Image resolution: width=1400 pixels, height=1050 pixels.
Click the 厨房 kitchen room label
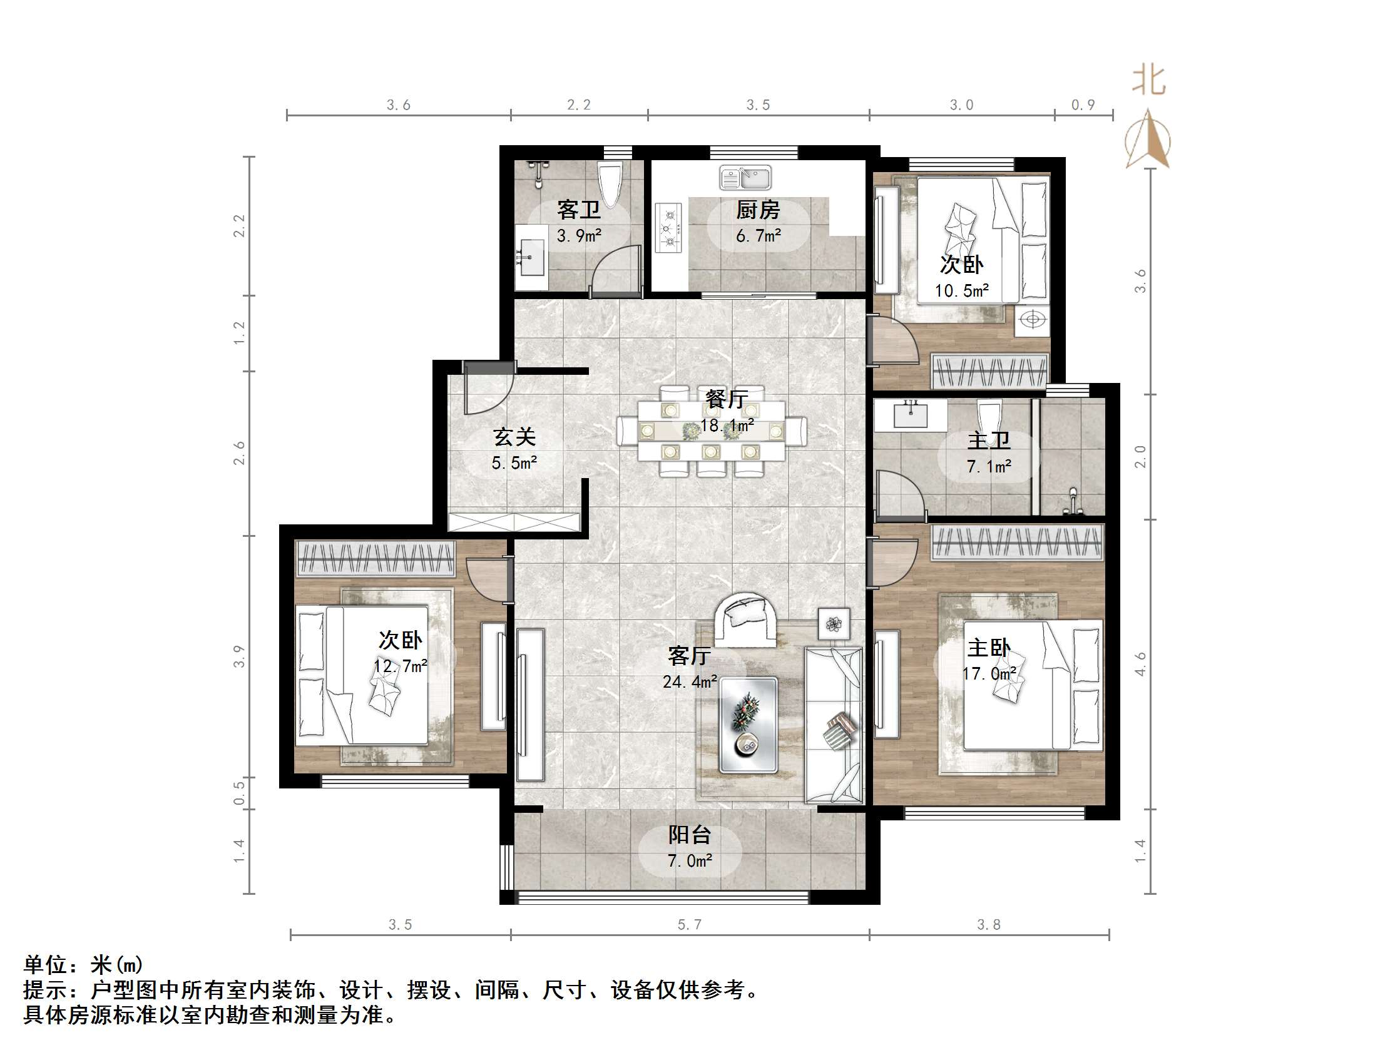758,210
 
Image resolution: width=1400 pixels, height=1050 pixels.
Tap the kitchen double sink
745,177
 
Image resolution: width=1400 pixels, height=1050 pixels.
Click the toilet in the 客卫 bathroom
610,183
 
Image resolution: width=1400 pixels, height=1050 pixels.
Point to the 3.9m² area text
578,236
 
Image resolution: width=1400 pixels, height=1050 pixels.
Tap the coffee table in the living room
748,725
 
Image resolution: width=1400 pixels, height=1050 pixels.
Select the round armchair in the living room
745,619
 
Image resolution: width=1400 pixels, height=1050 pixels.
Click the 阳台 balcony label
689,835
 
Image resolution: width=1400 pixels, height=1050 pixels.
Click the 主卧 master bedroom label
989,648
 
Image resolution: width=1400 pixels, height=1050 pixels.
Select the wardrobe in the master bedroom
1017,543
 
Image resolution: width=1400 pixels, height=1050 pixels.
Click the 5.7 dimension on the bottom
689,925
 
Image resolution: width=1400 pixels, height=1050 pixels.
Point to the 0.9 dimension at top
1082,105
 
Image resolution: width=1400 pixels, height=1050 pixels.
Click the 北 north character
1148,81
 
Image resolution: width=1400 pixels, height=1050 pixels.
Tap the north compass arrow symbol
1147,140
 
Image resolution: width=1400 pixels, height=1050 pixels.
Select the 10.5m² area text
961,291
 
